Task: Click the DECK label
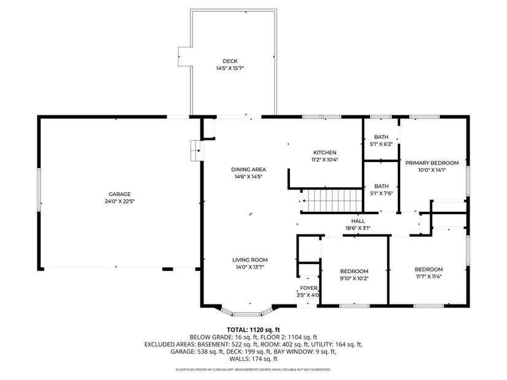[230, 61]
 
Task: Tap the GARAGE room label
[120, 194]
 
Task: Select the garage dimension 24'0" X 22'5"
[120, 201]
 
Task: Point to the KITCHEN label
[324, 152]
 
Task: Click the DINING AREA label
[248, 169]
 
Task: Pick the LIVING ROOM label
[250, 260]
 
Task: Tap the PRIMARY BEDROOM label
[432, 163]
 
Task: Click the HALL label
[358, 221]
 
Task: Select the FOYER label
[309, 288]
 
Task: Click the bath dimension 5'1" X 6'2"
[381, 144]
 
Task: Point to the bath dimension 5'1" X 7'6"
[381, 193]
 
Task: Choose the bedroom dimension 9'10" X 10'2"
[354, 278]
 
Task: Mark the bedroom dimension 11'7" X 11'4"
[429, 276]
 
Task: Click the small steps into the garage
[195, 150]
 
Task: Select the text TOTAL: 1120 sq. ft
[253, 330]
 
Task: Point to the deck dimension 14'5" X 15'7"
[230, 68]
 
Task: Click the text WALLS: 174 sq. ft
[253, 359]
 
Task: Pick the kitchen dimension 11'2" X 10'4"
[324, 160]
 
